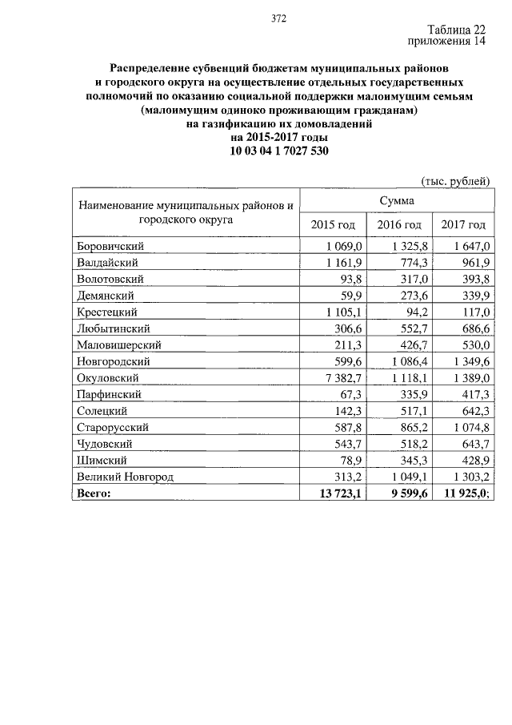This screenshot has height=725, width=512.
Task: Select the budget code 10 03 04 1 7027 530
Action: (x=278, y=151)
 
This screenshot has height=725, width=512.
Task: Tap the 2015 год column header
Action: (x=332, y=225)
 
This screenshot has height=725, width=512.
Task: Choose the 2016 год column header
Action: (x=398, y=225)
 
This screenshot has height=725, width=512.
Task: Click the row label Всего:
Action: (x=94, y=493)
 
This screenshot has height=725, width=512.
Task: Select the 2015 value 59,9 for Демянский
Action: (x=350, y=296)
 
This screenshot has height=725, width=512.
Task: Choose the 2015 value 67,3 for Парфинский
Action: (x=350, y=394)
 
